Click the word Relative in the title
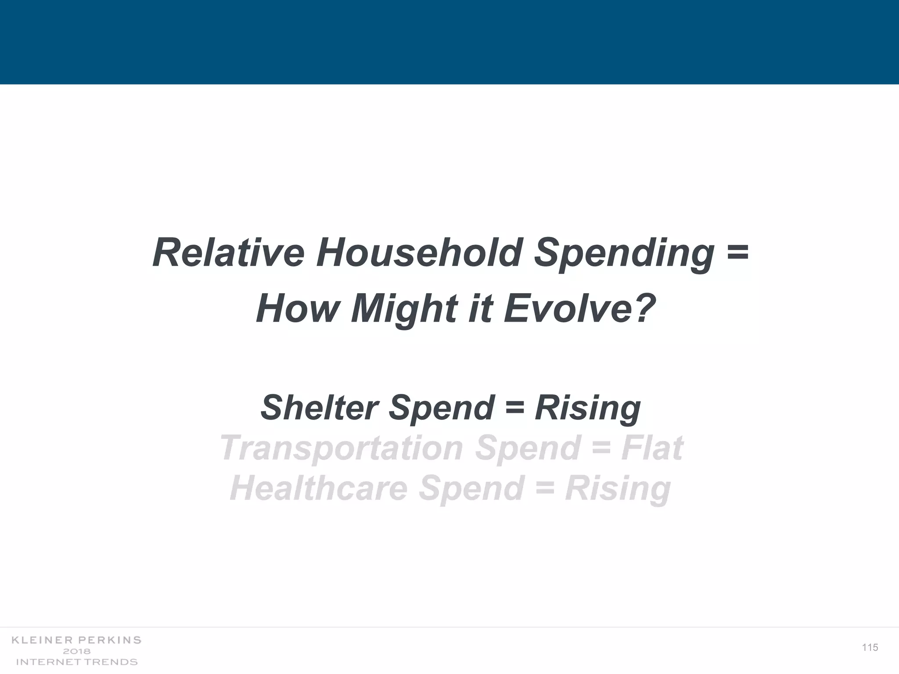228,253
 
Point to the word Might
404,309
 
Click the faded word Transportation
341,448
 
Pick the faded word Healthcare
319,488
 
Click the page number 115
870,648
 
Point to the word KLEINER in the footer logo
43,640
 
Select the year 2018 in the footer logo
77,651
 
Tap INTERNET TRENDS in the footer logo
77,662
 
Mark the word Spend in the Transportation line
527,448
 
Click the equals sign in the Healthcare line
545,488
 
